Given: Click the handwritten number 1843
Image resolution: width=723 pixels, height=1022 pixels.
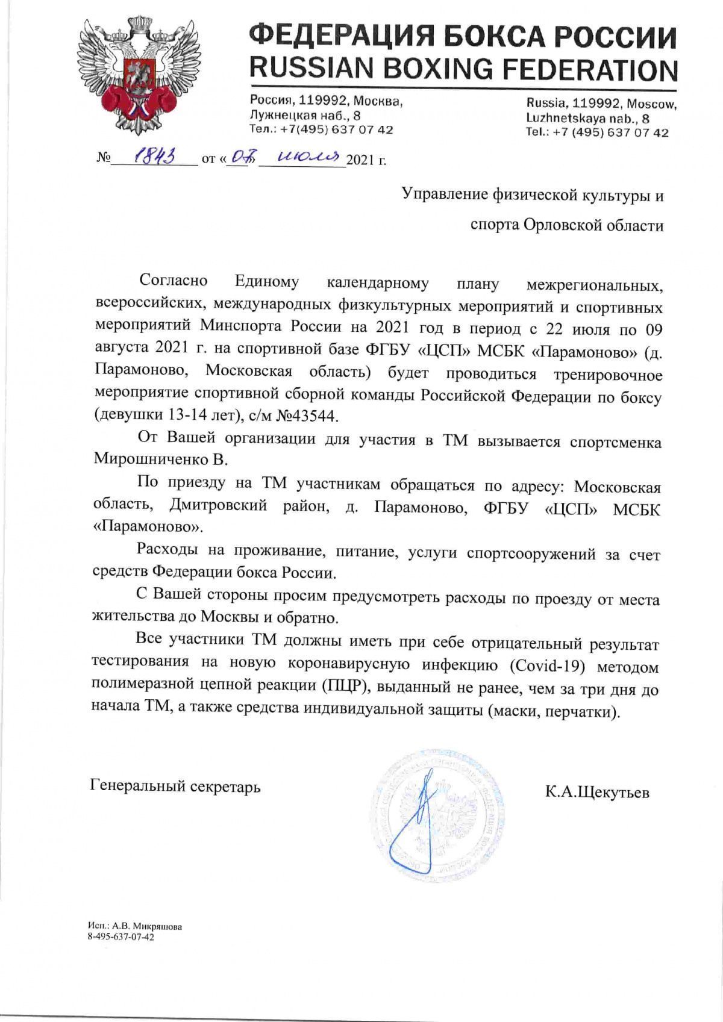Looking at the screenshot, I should (154, 158).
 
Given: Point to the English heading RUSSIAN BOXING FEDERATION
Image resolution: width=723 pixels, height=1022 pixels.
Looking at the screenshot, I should (463, 69).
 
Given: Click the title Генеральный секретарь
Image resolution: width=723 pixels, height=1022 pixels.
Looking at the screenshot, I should (175, 786).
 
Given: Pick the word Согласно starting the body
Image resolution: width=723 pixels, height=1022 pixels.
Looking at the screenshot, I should (174, 280).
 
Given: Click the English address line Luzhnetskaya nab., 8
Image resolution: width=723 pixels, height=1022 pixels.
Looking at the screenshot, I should (587, 118).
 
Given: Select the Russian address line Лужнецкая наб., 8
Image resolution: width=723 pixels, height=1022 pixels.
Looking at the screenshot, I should (305, 116).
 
